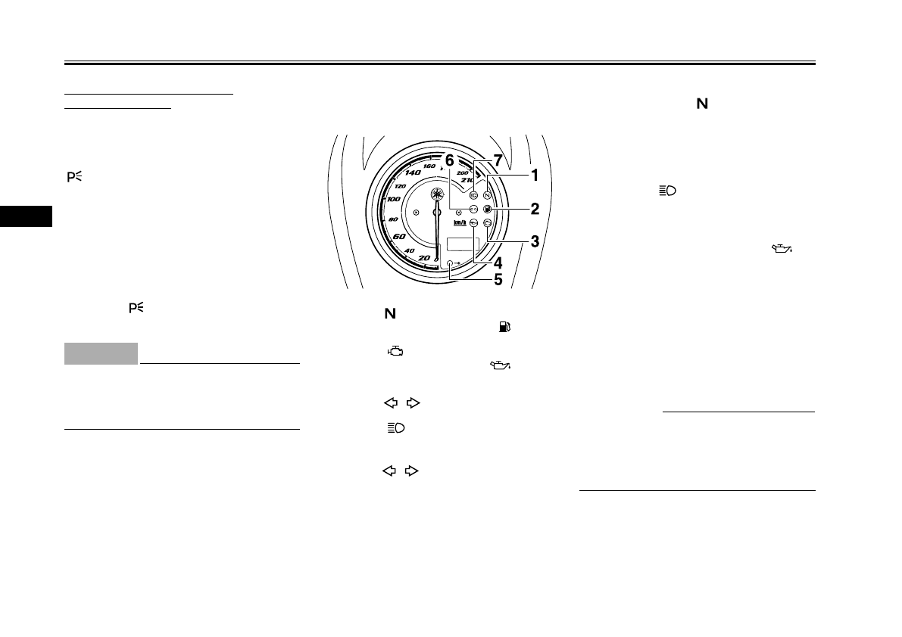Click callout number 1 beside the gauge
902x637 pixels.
[x=534, y=176]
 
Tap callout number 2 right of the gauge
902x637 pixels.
[x=535, y=208]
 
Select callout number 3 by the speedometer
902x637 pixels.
[x=535, y=242]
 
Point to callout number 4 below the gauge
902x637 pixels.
[x=498, y=263]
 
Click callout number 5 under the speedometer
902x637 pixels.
[x=498, y=279]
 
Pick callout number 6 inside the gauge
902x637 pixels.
[x=449, y=160]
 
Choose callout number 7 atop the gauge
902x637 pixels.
[x=498, y=160]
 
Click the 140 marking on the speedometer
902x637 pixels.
[x=414, y=172]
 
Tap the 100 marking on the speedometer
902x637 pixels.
[x=394, y=199]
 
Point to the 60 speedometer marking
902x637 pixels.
[x=399, y=237]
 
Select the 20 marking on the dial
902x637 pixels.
[x=425, y=258]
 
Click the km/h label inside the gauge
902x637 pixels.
[x=460, y=222]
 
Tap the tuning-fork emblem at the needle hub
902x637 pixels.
[x=437, y=194]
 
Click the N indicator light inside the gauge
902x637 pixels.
[x=487, y=194]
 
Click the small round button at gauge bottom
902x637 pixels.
[x=451, y=262]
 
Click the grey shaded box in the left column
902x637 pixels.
[x=101, y=353]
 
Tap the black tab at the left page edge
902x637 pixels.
[x=26, y=216]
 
